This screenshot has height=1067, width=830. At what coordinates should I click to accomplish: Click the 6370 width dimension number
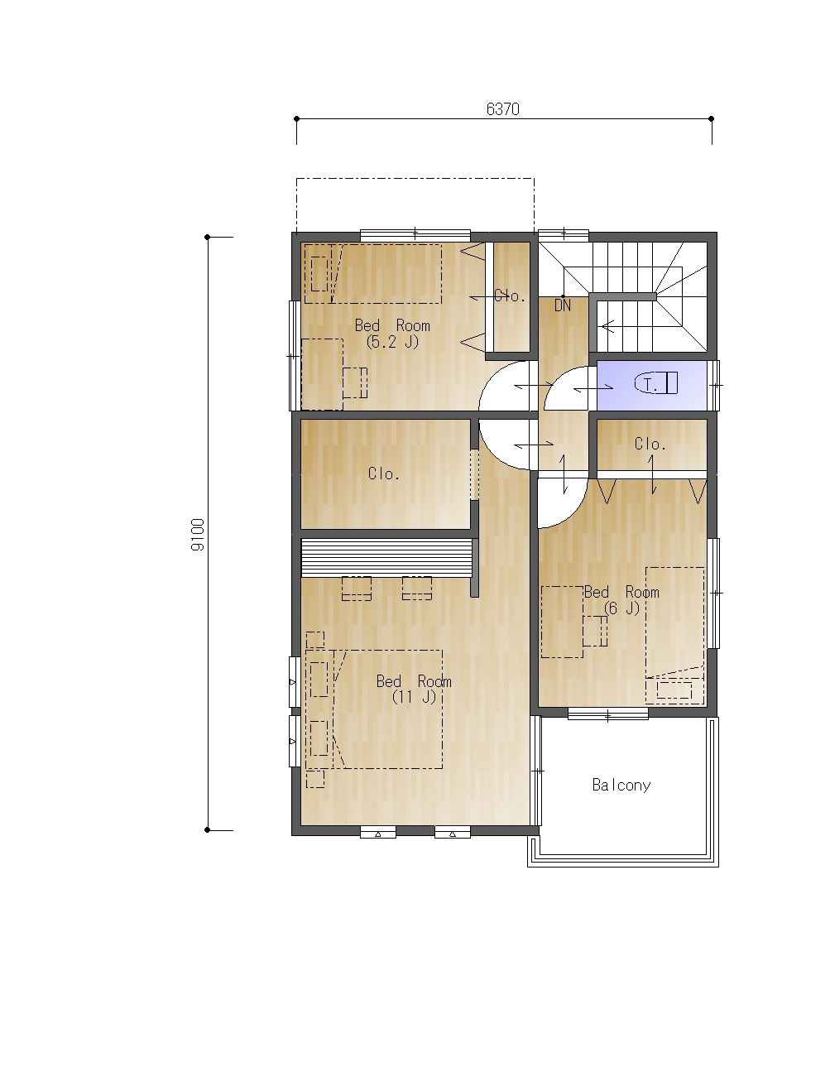(502, 109)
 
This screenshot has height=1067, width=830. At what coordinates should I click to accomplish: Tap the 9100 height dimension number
(197, 535)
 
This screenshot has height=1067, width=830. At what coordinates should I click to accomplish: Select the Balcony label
(621, 786)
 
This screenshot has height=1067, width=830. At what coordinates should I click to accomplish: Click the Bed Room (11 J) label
(414, 689)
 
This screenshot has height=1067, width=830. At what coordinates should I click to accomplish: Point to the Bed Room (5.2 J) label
(392, 334)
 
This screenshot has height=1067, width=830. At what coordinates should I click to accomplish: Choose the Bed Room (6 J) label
(621, 600)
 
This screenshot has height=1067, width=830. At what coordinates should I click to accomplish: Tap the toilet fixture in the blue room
(655, 383)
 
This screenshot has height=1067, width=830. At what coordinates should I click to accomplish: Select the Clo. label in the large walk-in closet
(384, 473)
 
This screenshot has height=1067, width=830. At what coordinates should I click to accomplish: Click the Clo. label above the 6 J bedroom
(650, 445)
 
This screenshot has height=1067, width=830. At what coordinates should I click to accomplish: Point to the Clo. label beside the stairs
(510, 296)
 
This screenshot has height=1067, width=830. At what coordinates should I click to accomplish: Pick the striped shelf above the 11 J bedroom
(386, 557)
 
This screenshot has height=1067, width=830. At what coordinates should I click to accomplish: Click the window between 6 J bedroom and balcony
(608, 714)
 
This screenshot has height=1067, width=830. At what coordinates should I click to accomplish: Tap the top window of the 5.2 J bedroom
(415, 235)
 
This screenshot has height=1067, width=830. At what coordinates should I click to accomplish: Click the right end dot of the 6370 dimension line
(711, 119)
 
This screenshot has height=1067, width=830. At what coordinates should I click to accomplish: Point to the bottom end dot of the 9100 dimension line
(207, 829)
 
